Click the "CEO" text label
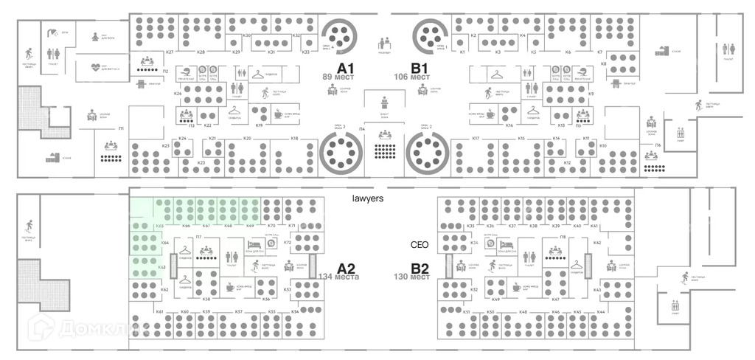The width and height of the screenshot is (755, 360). point(420,245)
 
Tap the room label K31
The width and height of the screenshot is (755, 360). point(271,52)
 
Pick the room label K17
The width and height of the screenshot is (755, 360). point(476,139)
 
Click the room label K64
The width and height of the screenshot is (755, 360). point(165,242)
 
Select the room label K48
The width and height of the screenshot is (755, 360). point(523,312)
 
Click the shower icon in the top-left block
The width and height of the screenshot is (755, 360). point(53,32)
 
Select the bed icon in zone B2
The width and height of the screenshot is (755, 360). point(506,245)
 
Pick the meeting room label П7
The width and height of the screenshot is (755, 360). point(199,237)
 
